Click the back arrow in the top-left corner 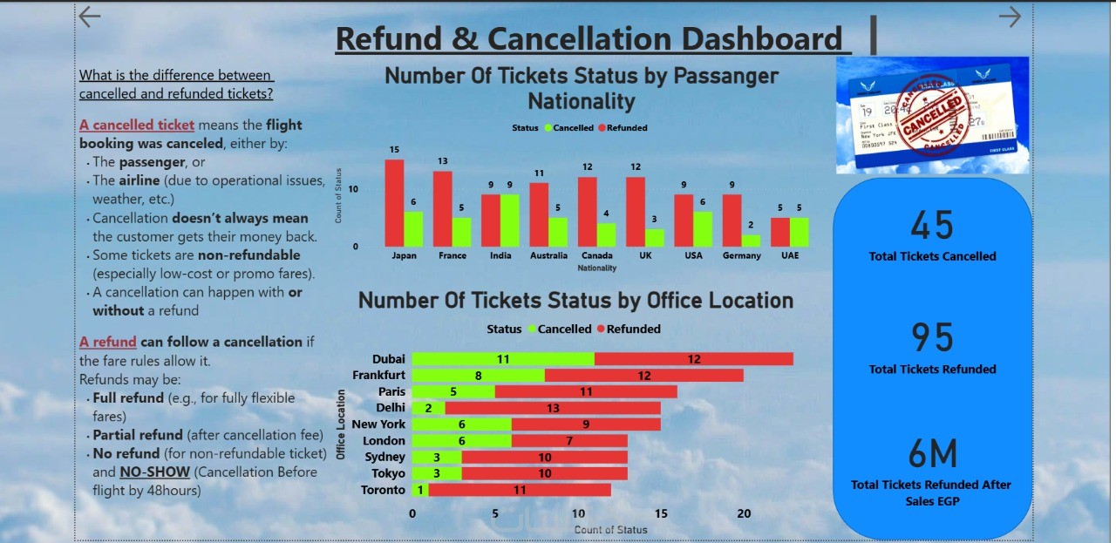tap(89, 17)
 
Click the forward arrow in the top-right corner tap(1010, 17)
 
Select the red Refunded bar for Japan tap(394, 203)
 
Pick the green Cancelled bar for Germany tap(751, 241)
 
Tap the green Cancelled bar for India tap(510, 221)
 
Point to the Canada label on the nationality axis tap(596, 255)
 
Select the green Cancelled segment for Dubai tap(503, 358)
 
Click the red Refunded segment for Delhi tap(553, 408)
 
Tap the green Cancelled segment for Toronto tap(420, 490)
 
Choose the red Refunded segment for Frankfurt tap(644, 375)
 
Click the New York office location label tap(378, 424)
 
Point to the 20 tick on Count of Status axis tap(744, 513)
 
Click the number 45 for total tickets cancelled tap(932, 226)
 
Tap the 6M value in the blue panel tap(932, 453)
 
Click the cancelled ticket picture tap(932, 115)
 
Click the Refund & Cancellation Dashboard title tap(589, 39)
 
